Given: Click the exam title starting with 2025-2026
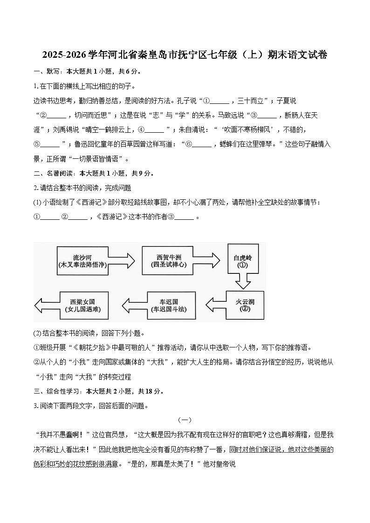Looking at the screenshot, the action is [x=185, y=55].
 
